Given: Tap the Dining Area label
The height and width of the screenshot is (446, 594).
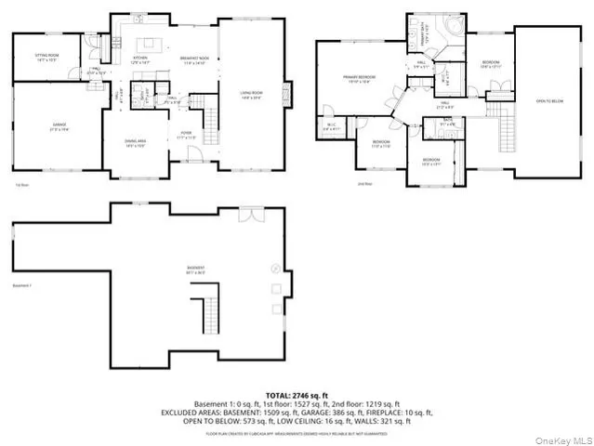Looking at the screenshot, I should [136, 142].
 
